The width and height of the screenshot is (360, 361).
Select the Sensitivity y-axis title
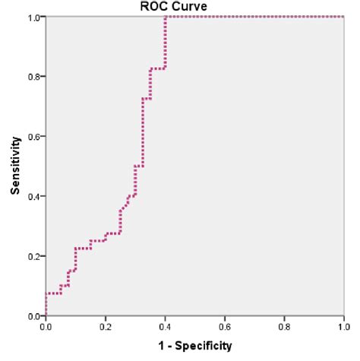(x=14, y=166)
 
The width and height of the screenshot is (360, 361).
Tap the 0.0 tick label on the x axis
(x=46, y=327)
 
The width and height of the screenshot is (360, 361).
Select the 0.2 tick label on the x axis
(x=106, y=327)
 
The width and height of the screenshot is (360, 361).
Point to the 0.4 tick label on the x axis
(x=165, y=327)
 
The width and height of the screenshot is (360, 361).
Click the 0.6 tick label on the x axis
(x=224, y=327)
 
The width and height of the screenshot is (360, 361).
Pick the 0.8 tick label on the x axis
(x=284, y=327)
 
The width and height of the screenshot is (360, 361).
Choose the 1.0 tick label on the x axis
(x=343, y=327)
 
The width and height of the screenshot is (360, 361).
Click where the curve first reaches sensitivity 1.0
(x=165, y=17)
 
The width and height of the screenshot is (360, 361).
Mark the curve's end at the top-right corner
(x=343, y=17)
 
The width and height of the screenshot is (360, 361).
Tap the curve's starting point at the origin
(x=46, y=315)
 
